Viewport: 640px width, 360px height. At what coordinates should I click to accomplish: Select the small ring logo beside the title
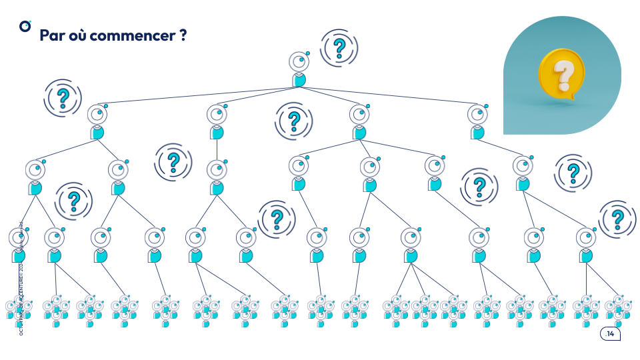click(x=25, y=26)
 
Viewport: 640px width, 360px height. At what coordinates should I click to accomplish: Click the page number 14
click(x=611, y=333)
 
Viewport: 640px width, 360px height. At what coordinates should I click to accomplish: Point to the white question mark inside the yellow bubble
click(x=564, y=75)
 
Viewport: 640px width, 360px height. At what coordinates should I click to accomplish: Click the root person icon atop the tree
click(x=299, y=69)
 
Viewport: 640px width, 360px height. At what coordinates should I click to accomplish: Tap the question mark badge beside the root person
click(x=339, y=47)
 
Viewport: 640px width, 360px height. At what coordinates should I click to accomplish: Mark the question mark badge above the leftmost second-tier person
click(x=63, y=98)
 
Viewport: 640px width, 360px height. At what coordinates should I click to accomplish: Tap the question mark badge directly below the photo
click(x=573, y=173)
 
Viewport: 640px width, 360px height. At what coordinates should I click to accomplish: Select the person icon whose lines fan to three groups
click(x=411, y=245)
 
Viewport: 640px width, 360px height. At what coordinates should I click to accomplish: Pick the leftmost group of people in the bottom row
click(x=19, y=310)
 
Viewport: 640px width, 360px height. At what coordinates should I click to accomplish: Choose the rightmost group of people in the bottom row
click(x=618, y=310)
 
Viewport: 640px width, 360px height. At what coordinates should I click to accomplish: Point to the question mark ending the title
click(x=183, y=35)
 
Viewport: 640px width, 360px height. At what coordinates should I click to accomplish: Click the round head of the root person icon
click(x=299, y=61)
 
